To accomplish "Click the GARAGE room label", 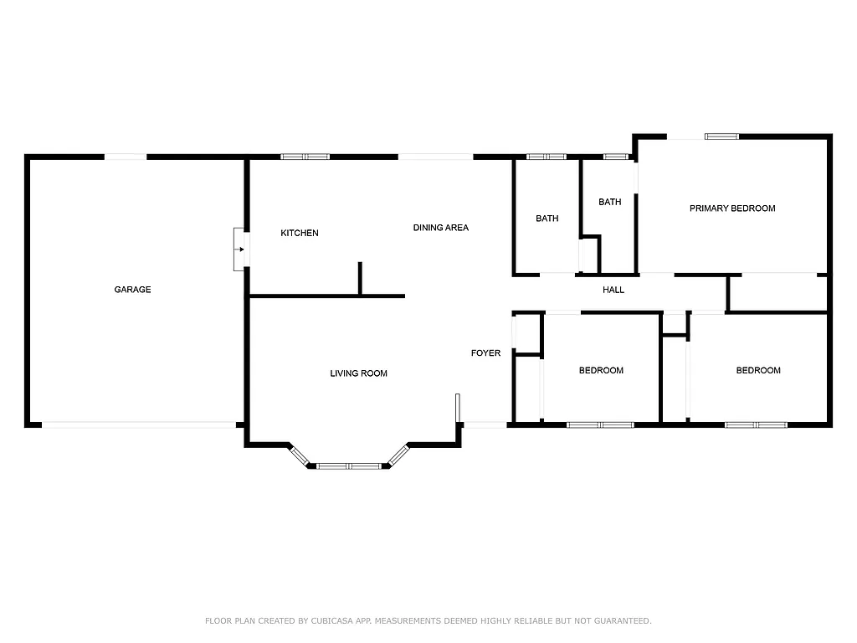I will [x=132, y=290].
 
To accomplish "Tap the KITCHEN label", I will [x=299, y=233].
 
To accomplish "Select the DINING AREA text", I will [x=440, y=228].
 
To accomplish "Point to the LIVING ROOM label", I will [x=358, y=373].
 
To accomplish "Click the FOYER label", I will [x=485, y=353].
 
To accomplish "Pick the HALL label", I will [x=613, y=291].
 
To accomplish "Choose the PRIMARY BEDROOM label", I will [x=731, y=208].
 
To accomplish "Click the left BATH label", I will [x=547, y=219].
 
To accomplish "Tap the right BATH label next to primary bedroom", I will [x=609, y=202].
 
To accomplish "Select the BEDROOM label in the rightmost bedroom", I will [x=757, y=371].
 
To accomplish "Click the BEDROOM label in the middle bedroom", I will [x=601, y=371].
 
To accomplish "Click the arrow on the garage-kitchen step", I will [x=241, y=248].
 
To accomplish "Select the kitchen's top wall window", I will [x=305, y=156].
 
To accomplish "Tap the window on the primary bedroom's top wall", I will [x=721, y=136].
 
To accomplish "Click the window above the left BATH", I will [x=547, y=156].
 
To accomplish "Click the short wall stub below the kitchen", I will [x=360, y=279].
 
